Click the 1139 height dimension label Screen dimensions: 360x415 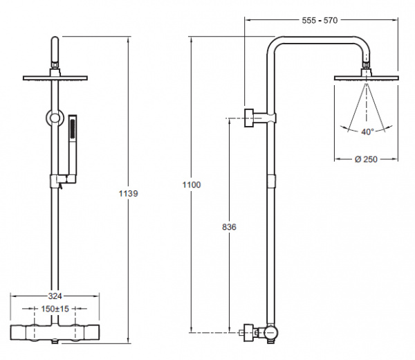[129, 194]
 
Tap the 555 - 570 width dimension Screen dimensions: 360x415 [319, 20]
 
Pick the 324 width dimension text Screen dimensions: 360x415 [55, 295]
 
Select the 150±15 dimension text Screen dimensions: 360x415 [55, 308]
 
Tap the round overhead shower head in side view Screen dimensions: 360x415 [365, 77]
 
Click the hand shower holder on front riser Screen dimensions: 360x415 [58, 181]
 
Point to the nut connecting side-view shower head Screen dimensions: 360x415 [365, 68]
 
